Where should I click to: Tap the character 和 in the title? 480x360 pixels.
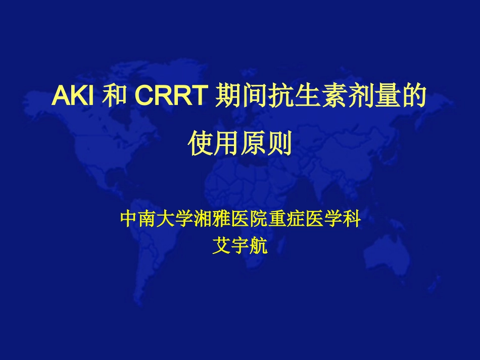114,96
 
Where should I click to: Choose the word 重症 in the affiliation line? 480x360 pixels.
283,220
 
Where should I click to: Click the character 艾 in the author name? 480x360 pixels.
221,247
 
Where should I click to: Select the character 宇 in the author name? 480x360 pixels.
240,247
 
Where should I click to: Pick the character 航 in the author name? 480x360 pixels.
259,247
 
